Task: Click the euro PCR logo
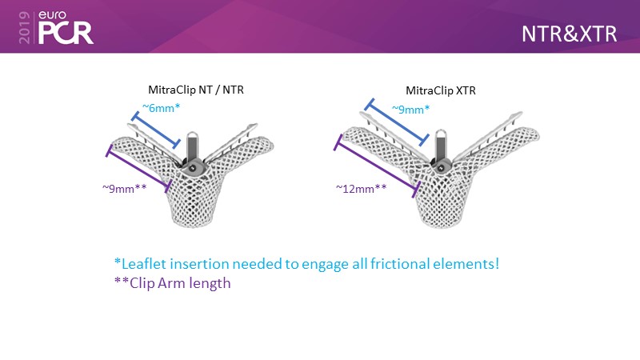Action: (66, 27)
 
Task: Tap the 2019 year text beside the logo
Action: (25, 27)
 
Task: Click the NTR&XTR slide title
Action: (569, 34)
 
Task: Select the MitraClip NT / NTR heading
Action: (196, 90)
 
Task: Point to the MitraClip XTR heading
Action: (441, 90)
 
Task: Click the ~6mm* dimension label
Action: (161, 108)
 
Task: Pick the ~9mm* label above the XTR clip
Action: (410, 110)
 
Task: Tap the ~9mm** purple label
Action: (125, 188)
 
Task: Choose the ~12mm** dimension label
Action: (362, 189)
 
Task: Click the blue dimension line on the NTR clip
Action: (155, 130)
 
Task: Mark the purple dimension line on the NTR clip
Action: (138, 169)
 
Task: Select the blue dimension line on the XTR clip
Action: (396, 122)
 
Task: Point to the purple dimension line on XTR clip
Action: (377, 166)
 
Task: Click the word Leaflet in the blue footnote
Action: (144, 264)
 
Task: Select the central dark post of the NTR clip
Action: (193, 148)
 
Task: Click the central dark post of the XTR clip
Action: (442, 147)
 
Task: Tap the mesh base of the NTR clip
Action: (193, 204)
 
